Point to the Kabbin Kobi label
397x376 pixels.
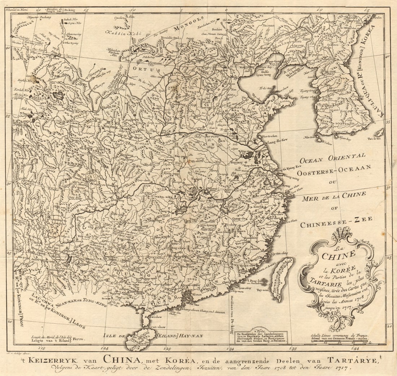[119, 32]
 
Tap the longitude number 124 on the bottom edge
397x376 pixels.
[105, 349]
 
